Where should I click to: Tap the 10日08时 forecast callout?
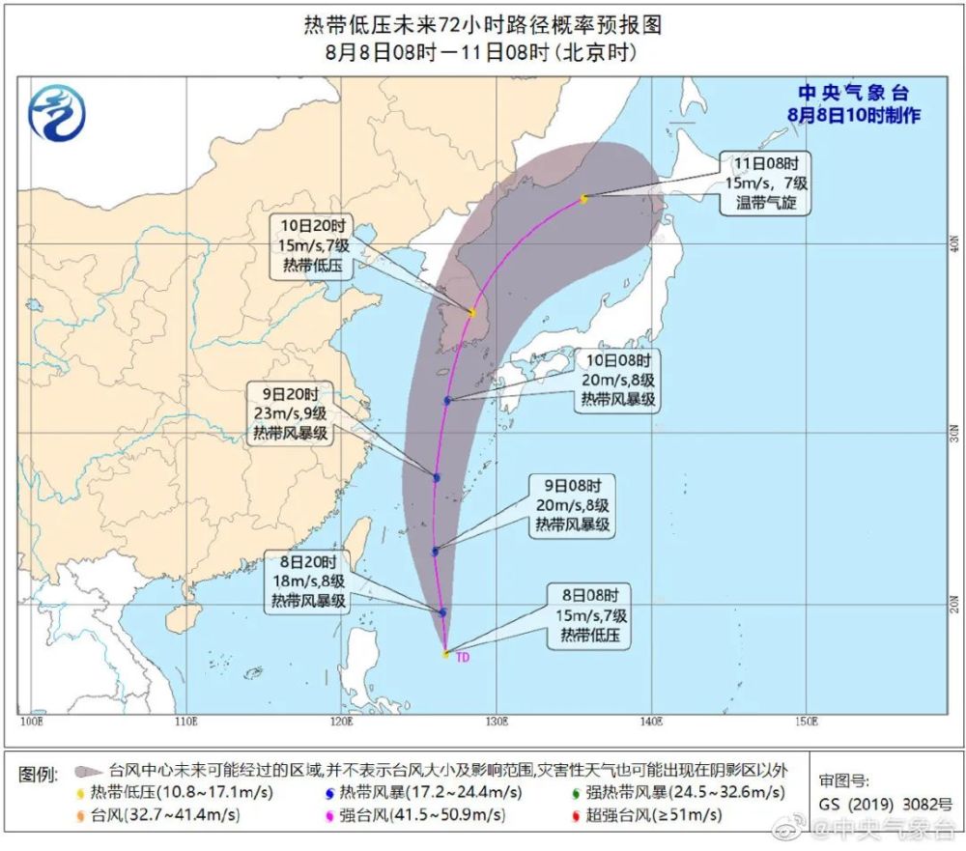(x=618, y=381)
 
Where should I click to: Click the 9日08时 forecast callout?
(x=572, y=505)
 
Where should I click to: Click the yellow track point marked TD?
(x=445, y=654)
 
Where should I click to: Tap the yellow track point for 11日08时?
(x=583, y=199)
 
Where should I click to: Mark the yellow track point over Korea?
(x=471, y=313)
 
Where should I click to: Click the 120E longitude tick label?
(x=340, y=721)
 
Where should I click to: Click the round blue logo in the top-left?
(x=56, y=113)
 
